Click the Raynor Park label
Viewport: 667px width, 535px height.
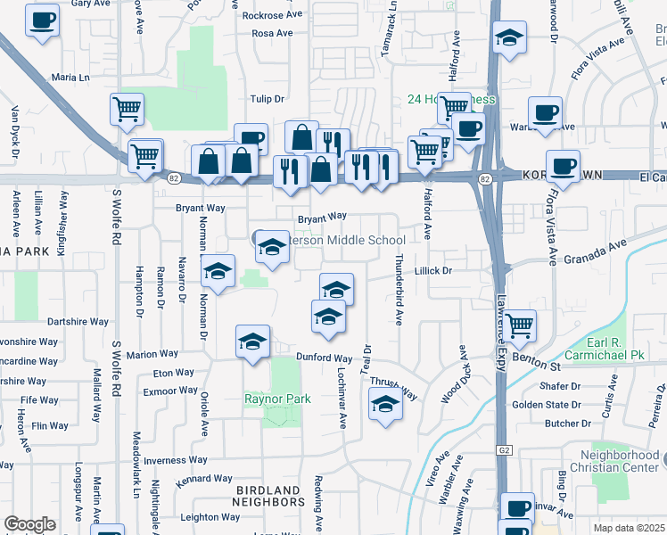point(278,399)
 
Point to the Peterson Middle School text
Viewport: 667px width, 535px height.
point(342,240)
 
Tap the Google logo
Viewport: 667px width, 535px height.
point(29,524)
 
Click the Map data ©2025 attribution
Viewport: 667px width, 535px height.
point(629,528)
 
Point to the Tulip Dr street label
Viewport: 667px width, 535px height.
point(267,99)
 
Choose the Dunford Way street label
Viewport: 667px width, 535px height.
point(324,358)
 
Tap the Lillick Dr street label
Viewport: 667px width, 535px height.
point(435,269)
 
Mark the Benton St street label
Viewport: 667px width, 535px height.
point(540,366)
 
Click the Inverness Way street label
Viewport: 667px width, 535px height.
point(176,460)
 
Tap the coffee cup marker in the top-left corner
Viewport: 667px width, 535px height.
point(41,20)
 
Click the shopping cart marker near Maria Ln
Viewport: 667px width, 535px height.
point(127,109)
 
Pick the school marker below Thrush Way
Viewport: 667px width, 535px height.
point(384,405)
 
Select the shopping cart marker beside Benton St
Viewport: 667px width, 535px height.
point(518,325)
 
